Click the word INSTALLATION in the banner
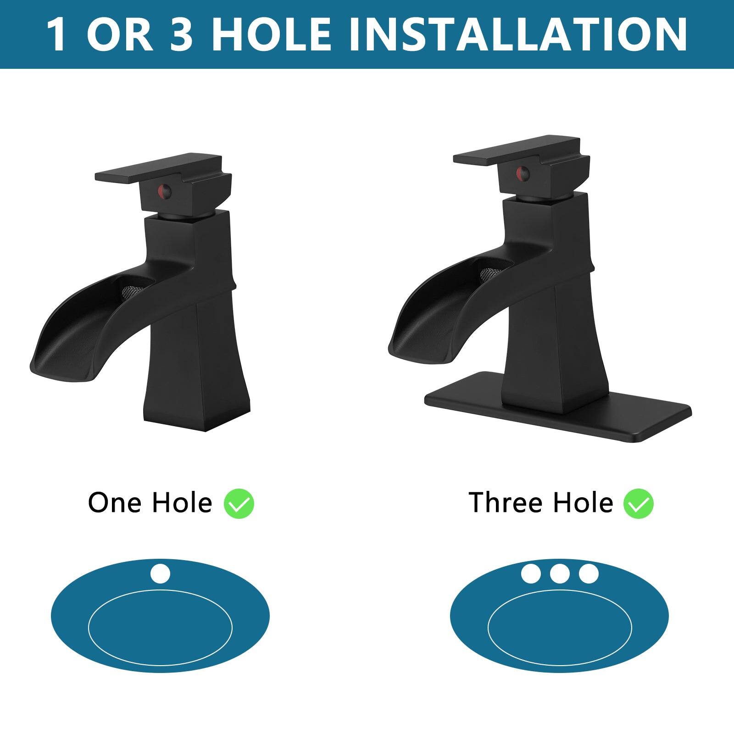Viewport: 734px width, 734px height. [518, 34]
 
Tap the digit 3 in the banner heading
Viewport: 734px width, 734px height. [181, 34]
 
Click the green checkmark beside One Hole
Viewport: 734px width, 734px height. [239, 504]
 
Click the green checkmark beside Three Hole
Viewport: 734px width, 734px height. [638, 504]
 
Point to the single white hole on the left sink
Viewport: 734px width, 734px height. [160, 574]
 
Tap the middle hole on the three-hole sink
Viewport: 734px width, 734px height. [560, 573]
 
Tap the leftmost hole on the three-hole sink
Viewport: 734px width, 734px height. [531, 573]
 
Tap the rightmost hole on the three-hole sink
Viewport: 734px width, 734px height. [589, 573]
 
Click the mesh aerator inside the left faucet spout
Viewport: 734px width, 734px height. [129, 290]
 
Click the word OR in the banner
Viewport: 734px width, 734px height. [119, 34]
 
